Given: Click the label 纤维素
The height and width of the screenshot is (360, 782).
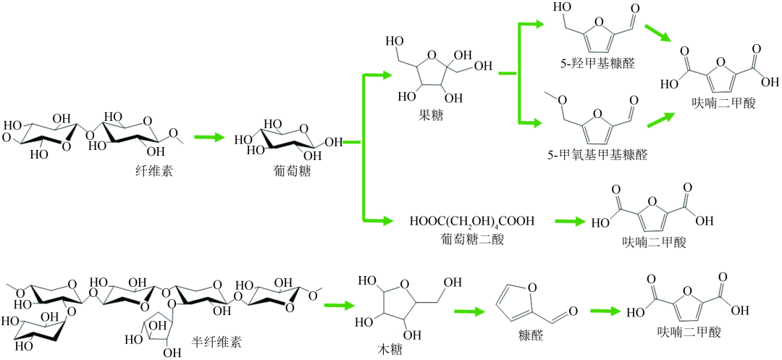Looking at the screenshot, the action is [151, 172].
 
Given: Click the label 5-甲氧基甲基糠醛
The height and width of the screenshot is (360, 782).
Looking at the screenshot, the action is [597, 155].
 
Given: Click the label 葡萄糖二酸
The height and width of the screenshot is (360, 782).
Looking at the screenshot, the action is [468, 240].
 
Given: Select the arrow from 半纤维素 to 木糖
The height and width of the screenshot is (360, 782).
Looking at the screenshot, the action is [339, 305].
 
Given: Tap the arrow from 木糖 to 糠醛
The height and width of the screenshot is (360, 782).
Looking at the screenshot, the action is [471, 311].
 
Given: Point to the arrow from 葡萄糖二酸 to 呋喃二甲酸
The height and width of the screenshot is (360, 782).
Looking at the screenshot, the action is [568, 221].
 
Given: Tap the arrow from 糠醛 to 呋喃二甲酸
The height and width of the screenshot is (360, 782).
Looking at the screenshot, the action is [605, 311].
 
